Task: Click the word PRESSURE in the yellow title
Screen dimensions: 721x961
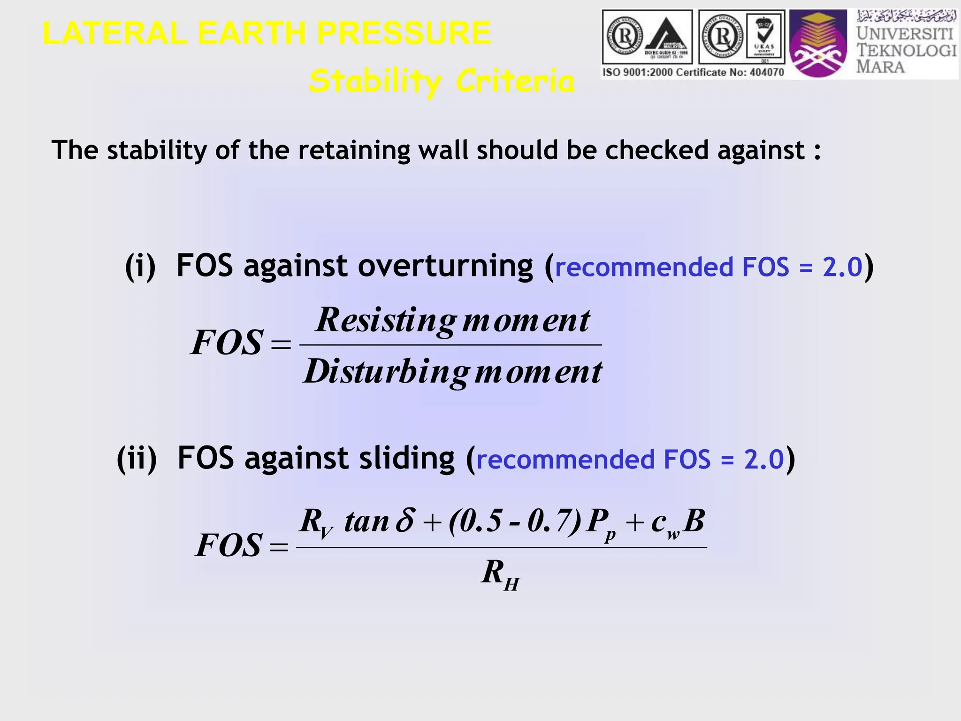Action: (404, 34)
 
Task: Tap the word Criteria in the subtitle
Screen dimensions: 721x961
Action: (515, 81)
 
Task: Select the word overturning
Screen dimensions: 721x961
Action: (445, 266)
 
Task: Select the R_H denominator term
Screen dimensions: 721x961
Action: (500, 575)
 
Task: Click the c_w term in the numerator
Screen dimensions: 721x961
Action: (665, 523)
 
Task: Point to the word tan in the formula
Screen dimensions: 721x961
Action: (366, 522)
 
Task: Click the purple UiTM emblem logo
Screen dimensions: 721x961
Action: (818, 44)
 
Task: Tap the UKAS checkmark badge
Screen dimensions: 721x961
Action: (765, 37)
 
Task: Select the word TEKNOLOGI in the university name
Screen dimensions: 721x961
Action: (906, 50)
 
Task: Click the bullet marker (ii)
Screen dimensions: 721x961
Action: (137, 459)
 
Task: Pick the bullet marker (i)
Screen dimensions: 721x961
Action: (140, 266)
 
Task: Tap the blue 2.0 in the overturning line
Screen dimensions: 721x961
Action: (842, 267)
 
